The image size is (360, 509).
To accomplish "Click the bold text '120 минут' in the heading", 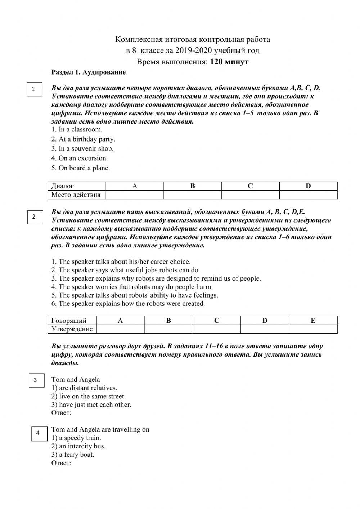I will click(229, 62).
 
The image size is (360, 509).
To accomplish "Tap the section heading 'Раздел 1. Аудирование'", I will click(89, 72).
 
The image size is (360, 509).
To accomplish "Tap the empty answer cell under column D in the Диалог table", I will click(308, 195).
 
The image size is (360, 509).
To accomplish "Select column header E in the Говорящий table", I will click(313, 321).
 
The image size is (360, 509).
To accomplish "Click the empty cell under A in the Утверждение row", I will click(120, 329).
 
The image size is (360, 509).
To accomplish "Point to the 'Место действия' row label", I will click(76, 195).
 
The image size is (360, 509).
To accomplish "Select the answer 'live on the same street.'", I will click(89, 396).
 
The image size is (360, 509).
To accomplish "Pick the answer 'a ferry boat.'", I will click(73, 455).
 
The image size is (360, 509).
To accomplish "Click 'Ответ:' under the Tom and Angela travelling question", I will click(62, 463).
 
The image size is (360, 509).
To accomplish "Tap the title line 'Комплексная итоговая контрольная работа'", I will click(192, 39).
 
